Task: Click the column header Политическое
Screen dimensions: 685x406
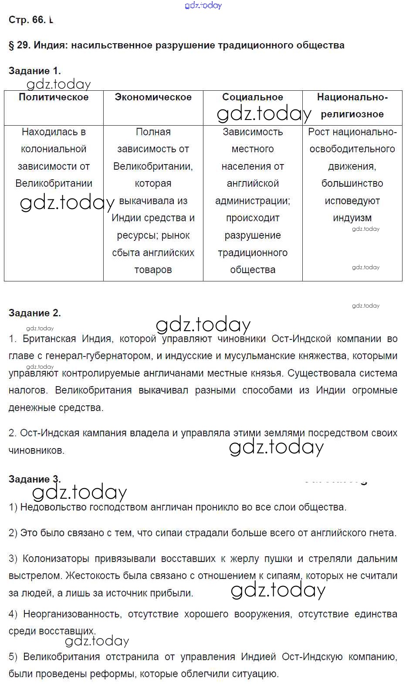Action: point(54,97)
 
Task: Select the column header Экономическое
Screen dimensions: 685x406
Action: point(153,97)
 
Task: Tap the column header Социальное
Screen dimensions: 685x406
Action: point(253,97)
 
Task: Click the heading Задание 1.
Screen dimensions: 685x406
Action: point(34,71)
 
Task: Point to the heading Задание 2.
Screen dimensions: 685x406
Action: point(34,313)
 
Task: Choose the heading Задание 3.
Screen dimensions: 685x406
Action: point(34,479)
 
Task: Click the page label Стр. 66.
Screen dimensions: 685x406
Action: point(27,20)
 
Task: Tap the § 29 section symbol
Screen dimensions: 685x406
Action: point(11,45)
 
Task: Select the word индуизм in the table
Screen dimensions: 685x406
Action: point(352,218)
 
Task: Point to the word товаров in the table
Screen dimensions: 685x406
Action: point(153,270)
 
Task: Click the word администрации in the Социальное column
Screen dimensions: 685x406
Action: point(252,201)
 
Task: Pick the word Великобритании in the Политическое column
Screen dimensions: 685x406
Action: point(54,183)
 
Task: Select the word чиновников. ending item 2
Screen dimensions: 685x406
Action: point(37,450)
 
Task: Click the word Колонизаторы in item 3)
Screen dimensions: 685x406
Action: point(56,558)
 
